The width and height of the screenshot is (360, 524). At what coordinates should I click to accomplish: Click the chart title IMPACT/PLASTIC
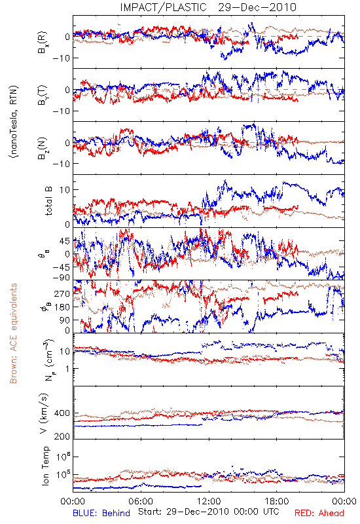pos(163,7)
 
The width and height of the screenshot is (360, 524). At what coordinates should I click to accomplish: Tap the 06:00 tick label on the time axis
pos(141,501)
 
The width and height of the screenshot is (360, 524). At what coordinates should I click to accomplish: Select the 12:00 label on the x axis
pos(209,501)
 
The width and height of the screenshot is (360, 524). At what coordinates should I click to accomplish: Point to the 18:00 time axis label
pos(277,501)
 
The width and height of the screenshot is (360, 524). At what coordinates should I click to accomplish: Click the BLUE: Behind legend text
pos(101,513)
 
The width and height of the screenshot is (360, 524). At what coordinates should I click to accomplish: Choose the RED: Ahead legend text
pos(319,513)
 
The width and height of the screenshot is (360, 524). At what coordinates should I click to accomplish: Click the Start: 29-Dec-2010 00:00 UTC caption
pos(208,512)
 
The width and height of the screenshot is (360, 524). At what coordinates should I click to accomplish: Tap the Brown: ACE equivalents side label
pos(13,333)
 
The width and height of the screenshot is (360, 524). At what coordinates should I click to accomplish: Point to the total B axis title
pos(48,201)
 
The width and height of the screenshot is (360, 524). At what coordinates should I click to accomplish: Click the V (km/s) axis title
pos(44,413)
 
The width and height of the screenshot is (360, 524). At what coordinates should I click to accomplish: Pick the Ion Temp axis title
pos(45,466)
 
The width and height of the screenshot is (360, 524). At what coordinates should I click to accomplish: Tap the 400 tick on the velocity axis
pos(62,413)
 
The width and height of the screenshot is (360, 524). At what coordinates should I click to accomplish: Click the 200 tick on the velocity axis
pos(62,436)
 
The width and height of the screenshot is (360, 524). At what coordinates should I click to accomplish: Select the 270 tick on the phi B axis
pos(62,293)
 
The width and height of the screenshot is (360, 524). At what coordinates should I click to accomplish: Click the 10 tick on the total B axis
pos(65,190)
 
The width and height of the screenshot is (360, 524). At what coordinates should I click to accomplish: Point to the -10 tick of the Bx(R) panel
pos(61,58)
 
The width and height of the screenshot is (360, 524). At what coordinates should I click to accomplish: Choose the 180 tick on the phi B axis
pos(62,307)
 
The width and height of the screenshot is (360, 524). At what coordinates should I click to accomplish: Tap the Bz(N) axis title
pos(43,148)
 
